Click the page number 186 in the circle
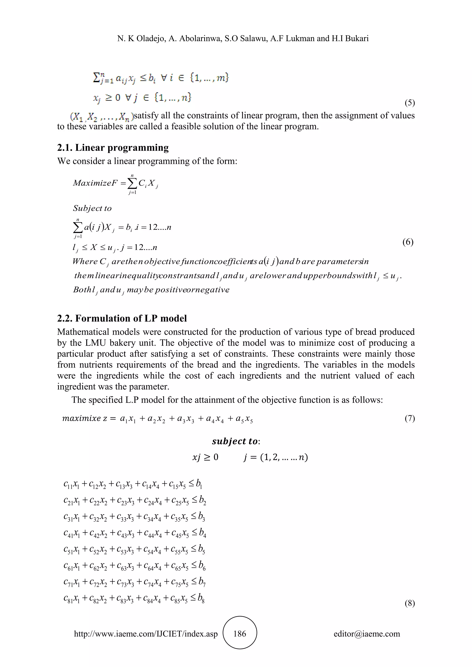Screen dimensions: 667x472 click(239, 634)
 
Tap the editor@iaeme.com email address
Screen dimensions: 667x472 click(366, 634)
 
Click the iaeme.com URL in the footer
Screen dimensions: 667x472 click(146, 634)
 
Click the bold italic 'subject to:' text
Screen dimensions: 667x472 click(236, 441)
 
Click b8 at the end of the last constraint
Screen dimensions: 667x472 click(201, 598)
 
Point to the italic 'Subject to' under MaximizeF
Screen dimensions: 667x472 click(92, 208)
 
